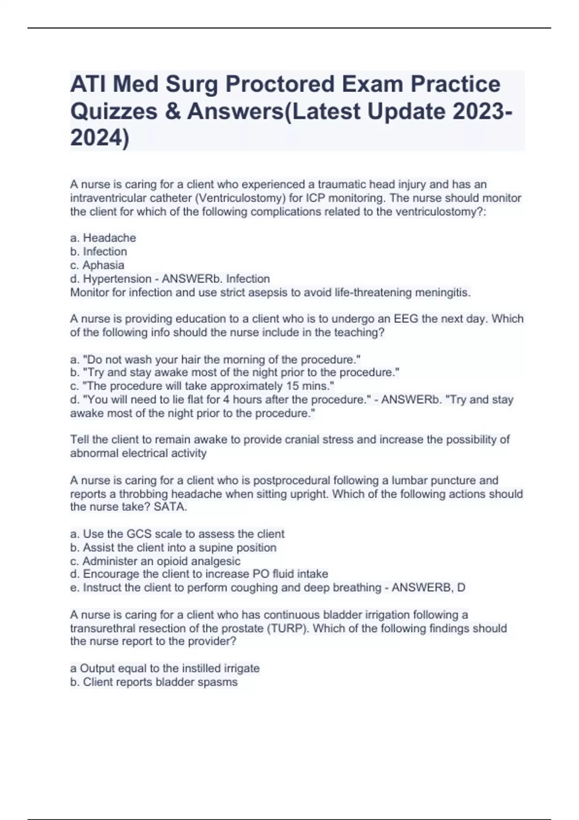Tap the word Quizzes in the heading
click(114, 111)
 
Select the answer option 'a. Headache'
click(103, 238)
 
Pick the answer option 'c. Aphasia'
click(97, 265)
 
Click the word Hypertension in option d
click(117, 279)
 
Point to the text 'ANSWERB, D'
click(428, 588)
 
